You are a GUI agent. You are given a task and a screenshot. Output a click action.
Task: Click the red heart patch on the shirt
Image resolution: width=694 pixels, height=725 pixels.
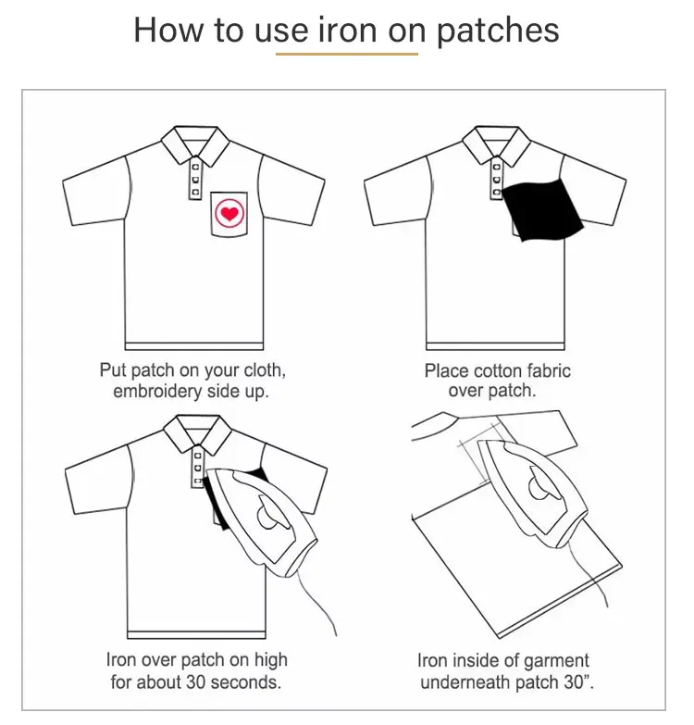[227, 214]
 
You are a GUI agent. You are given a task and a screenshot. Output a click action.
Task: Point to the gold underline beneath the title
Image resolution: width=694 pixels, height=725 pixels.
[346, 54]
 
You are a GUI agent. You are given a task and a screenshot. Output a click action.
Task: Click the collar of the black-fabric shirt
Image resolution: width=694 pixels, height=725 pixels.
[497, 141]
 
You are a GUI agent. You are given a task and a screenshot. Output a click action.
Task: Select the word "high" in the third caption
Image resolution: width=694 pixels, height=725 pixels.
[268, 661]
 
